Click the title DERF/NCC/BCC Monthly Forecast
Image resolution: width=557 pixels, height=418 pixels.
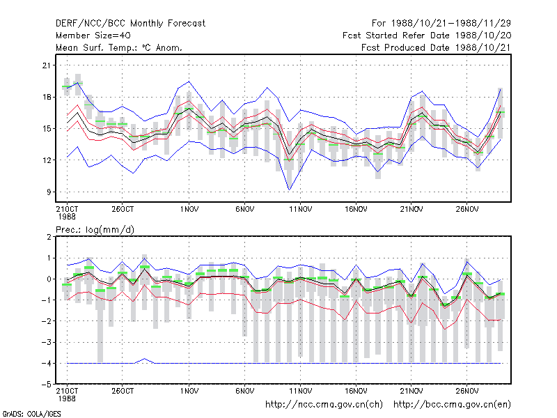coord(130,24)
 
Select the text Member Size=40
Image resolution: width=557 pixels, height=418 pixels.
coord(93,36)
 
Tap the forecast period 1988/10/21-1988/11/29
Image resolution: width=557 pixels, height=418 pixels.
coord(441,24)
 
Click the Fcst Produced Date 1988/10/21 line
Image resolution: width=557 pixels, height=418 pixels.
coord(436,47)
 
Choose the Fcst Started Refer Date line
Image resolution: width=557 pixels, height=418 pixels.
coord(427,36)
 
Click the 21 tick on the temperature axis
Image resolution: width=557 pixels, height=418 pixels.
coord(47,65)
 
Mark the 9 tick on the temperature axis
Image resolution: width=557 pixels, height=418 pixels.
coord(49,192)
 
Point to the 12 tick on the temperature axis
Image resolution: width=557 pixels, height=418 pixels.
coord(47,160)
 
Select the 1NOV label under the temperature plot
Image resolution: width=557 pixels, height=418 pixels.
coord(189,210)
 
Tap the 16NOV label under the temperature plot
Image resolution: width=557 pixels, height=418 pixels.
coord(356,210)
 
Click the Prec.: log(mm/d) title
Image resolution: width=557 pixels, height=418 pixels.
coord(95,230)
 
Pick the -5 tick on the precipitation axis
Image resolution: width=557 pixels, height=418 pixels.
coord(46,385)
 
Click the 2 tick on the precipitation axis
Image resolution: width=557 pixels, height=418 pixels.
coord(49,237)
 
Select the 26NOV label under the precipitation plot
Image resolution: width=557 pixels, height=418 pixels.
coord(466,391)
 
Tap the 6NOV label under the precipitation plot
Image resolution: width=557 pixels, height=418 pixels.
coord(245,391)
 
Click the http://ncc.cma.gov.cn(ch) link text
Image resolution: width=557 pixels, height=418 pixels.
coord(324,405)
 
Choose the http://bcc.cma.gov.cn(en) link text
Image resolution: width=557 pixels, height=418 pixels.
coord(452,405)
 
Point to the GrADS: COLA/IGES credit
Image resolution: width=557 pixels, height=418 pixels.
coord(31,414)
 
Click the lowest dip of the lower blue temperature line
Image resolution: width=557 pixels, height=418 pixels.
coord(289,189)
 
